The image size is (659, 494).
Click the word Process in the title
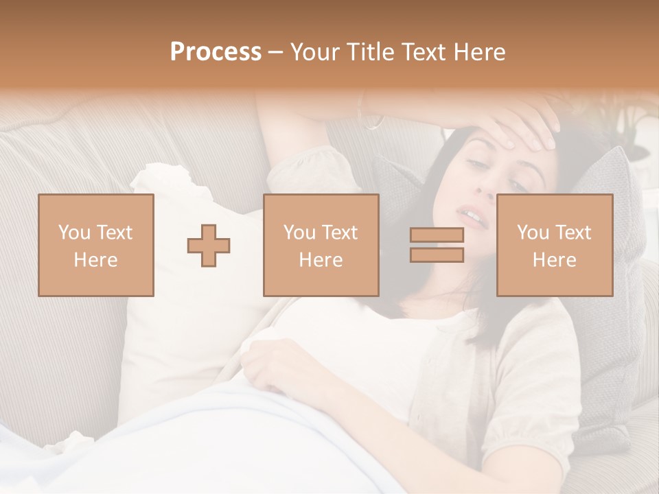[216, 52]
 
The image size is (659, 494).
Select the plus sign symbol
[209, 246]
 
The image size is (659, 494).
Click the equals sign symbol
[437, 245]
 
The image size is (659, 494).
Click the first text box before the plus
[96, 245]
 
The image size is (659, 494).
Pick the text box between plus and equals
[321, 245]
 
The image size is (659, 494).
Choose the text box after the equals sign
[554, 245]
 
